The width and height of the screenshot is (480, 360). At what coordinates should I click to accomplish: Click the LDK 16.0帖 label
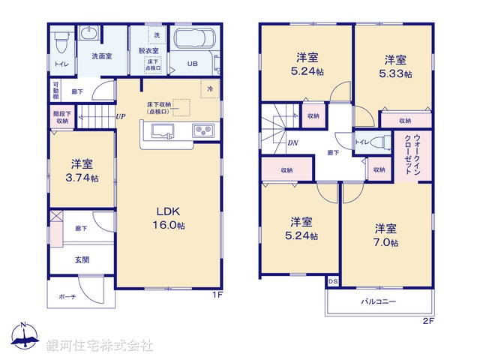click(x=171, y=218)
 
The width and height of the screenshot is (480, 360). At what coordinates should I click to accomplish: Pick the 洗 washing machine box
click(x=157, y=36)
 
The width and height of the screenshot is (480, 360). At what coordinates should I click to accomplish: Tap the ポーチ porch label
click(x=67, y=297)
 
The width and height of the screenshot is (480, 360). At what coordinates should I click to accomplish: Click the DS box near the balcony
click(x=332, y=281)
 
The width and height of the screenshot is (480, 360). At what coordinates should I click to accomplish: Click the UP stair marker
click(x=120, y=116)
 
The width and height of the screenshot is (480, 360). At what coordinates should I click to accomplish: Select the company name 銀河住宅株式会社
click(x=99, y=345)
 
